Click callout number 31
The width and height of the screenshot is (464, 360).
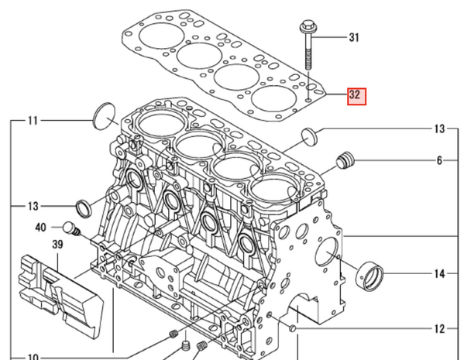coord(355,37)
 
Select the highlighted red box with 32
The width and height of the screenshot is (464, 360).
coord(355,96)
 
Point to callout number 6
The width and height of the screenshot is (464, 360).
coord(439,161)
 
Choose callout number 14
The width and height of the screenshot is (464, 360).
coord(439,274)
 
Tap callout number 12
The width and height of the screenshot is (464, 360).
coord(439,329)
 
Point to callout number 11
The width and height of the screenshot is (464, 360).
coord(33,120)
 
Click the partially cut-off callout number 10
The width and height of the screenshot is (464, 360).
coord(33,357)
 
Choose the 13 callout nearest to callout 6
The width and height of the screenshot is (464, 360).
coord(439,128)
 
